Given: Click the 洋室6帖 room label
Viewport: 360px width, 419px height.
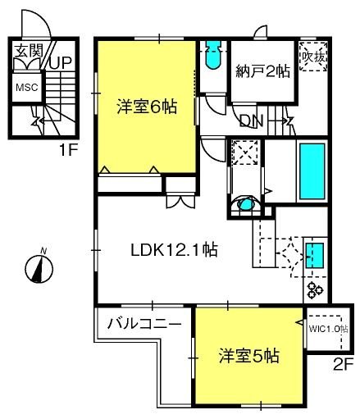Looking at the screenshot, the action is (147, 107).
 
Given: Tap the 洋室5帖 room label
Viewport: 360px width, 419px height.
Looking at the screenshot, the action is (249, 356).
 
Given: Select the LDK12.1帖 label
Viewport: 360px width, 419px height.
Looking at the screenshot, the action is (175, 250).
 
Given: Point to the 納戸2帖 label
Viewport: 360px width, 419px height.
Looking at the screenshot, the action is (262, 71).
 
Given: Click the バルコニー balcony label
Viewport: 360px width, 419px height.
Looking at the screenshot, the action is (144, 324).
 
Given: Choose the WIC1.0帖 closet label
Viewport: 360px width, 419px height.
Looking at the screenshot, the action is (328, 329).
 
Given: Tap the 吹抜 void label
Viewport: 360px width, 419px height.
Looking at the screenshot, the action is (313, 57).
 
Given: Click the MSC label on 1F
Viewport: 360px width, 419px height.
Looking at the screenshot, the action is (27, 88).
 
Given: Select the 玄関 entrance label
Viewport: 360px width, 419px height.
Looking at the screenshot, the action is (29, 51).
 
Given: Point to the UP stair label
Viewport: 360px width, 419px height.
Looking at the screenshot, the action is (60, 63).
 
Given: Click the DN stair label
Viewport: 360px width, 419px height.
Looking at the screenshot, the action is (251, 121).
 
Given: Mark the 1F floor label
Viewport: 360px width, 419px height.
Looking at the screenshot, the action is (69, 150).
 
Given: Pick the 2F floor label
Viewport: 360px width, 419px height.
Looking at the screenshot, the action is (344, 364).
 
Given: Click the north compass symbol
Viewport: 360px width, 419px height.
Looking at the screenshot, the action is (39, 268).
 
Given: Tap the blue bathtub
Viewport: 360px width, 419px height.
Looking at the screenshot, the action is (312, 171).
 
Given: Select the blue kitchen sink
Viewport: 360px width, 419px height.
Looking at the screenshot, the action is (315, 256).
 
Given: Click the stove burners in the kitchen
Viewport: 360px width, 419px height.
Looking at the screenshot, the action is (316, 290).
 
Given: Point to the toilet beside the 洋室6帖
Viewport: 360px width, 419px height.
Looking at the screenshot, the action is (213, 55).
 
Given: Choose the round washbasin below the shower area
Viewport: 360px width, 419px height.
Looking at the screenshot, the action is (245, 204).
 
